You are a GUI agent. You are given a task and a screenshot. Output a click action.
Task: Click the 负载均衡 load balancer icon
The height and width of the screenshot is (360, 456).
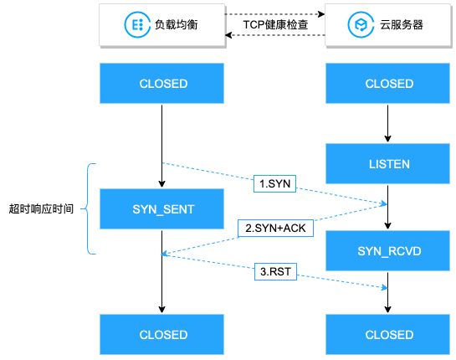(x=137, y=25)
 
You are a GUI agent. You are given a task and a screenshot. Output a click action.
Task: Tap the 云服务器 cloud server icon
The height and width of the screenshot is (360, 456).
(x=361, y=25)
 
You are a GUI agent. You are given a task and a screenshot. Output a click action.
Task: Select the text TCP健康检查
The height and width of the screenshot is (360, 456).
(x=275, y=25)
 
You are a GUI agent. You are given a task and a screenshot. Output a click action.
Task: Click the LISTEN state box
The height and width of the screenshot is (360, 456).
(x=387, y=164)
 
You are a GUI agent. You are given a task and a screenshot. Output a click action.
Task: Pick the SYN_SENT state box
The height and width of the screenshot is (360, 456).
(x=162, y=209)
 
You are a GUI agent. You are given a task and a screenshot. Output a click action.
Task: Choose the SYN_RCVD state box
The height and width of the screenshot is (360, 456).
(x=387, y=251)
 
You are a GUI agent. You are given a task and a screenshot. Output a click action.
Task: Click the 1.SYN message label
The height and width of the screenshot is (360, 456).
(x=274, y=183)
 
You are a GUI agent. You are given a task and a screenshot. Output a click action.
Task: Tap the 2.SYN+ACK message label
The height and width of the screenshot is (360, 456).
(x=276, y=228)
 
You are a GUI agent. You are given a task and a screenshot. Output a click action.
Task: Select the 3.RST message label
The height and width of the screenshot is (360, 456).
(x=275, y=271)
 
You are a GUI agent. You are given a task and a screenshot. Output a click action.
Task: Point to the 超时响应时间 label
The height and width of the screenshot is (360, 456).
(x=41, y=209)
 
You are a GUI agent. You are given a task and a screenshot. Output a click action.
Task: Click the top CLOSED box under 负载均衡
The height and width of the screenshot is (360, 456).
(x=162, y=84)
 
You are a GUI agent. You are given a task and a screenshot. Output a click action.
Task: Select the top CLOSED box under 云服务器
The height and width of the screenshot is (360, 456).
(x=387, y=84)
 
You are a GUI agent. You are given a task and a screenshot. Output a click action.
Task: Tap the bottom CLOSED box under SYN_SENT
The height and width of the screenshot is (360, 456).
(x=162, y=335)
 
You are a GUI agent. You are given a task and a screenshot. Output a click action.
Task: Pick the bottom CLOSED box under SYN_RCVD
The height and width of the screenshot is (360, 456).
(x=387, y=335)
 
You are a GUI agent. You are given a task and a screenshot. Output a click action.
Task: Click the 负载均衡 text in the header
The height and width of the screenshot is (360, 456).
(x=177, y=25)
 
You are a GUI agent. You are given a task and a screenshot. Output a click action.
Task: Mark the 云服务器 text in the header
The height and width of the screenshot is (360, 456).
(x=402, y=25)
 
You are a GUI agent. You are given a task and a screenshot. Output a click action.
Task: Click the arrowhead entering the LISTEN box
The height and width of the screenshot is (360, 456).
(x=387, y=138)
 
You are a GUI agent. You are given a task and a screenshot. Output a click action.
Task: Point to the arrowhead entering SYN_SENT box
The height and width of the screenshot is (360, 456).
(x=162, y=184)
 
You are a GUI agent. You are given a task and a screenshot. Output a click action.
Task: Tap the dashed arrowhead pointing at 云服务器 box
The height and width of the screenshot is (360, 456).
(x=321, y=14)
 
